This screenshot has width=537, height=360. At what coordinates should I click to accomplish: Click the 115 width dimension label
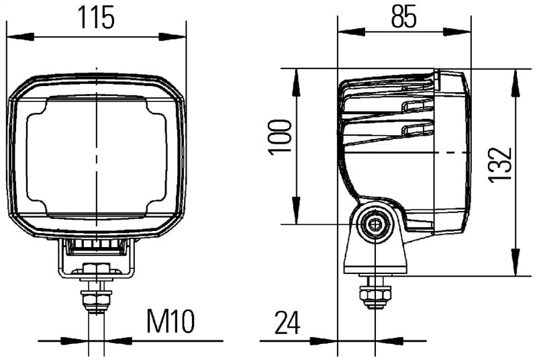pos(95,17)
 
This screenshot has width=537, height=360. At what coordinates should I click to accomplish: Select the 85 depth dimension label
pos(404,15)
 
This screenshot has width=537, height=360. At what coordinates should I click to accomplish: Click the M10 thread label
pos(170,323)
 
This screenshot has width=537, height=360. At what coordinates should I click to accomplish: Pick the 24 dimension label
pos(287,324)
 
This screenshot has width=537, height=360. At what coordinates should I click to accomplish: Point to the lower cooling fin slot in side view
pos(413,130)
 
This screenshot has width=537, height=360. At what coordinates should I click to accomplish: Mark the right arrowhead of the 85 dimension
pos(462,31)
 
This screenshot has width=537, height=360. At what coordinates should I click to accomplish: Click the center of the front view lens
pos(96,156)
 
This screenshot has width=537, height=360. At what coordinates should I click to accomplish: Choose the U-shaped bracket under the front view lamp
pos(96,259)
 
